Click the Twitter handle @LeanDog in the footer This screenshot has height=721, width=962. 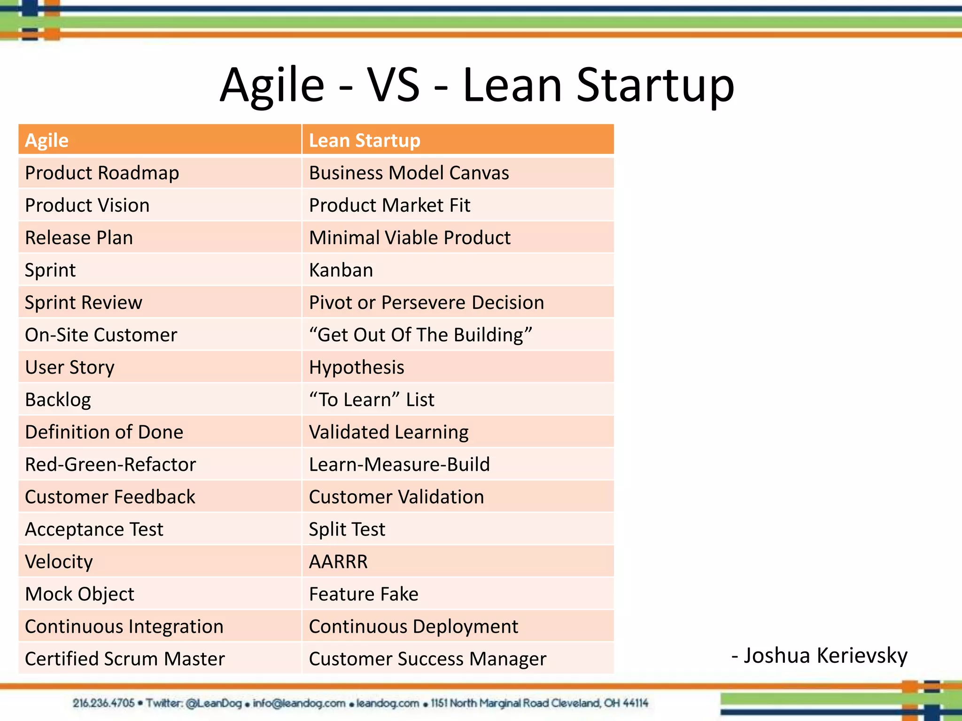[x=214, y=703]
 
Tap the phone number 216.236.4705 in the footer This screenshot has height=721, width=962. [x=103, y=703]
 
